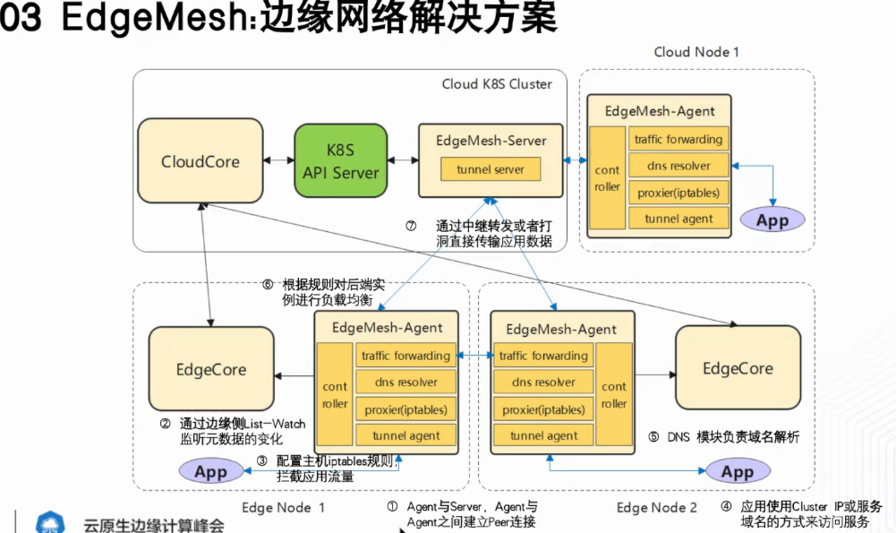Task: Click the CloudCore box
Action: (x=201, y=162)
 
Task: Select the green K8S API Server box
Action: (x=341, y=161)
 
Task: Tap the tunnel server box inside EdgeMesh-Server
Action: (x=491, y=169)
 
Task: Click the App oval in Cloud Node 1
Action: (x=772, y=219)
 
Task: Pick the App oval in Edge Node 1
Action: (x=210, y=471)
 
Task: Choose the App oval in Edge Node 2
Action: (x=737, y=471)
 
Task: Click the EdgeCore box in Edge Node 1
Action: (x=211, y=369)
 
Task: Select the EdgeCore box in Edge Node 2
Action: (x=738, y=368)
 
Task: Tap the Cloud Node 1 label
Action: (x=696, y=52)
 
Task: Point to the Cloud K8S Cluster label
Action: (x=497, y=84)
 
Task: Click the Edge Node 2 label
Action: (x=657, y=508)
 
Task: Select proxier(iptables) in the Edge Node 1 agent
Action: (x=405, y=409)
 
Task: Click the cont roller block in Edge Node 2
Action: (x=614, y=395)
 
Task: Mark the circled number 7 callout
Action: (x=411, y=226)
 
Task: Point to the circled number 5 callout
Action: (x=653, y=438)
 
